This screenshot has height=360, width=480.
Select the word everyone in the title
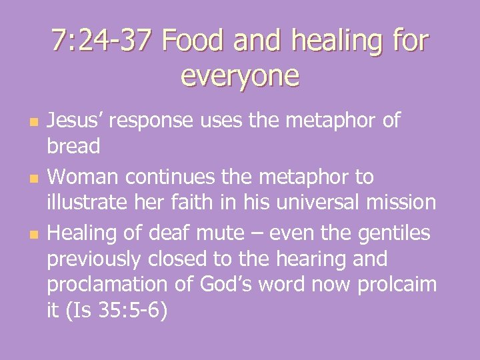coord(240,76)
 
